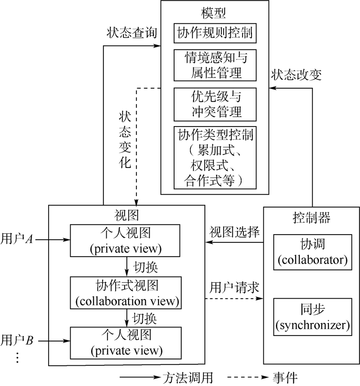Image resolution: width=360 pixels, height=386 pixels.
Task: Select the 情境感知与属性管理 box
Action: click(214, 65)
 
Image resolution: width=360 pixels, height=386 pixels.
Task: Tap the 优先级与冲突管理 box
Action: click(214, 104)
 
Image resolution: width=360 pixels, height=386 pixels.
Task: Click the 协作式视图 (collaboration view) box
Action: click(126, 293)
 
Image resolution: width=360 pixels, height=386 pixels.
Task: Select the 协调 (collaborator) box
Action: click(312, 252)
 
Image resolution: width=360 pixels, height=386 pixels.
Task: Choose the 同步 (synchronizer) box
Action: click(312, 317)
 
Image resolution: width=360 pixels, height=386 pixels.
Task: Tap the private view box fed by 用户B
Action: click(126, 342)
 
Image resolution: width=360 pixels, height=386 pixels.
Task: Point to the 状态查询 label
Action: click(131, 32)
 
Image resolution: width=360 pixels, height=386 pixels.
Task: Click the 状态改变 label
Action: click(296, 75)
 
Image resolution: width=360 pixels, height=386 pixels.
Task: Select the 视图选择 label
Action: click(234, 232)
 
